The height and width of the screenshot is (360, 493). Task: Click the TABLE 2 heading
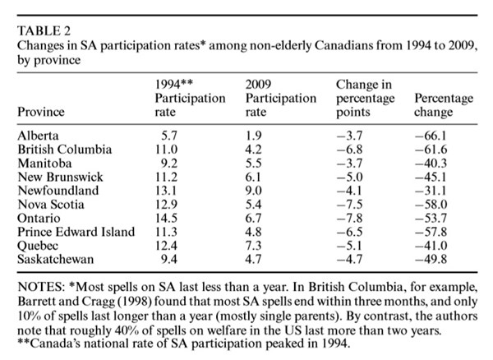pos(44,30)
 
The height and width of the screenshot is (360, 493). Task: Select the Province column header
pos(41,112)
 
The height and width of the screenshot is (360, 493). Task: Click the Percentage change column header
pos(444,105)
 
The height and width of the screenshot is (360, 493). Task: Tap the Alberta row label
pos(38,136)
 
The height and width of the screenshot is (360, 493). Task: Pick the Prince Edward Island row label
pos(76,232)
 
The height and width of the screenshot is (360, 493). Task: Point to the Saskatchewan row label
pos(56,259)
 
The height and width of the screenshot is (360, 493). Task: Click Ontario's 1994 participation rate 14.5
pos(166,218)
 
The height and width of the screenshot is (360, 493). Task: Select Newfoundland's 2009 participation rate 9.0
pos(253,191)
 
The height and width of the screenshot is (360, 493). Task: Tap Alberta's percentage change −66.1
pos(431,136)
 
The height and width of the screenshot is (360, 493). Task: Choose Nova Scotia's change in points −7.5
pos(350,205)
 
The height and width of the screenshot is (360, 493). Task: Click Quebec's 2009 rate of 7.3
pos(253,246)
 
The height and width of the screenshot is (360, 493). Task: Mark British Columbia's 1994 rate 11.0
pos(166,150)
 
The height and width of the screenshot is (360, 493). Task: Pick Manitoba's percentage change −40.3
pos(431,164)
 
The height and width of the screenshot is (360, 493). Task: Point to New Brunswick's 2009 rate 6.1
pos(253,177)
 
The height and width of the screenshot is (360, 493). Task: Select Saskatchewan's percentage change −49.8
pos(431,259)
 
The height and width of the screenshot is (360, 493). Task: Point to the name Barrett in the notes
pos(36,301)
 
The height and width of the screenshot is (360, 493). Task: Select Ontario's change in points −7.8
pos(350,218)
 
